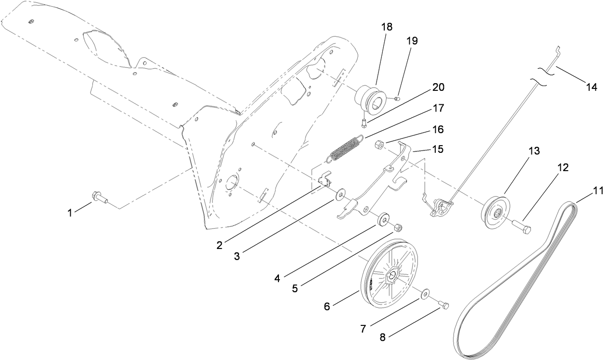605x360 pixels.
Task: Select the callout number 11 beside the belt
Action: point(583,190)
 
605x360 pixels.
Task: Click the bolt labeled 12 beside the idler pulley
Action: point(522,227)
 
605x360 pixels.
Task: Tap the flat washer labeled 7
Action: point(426,294)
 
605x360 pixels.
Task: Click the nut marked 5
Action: point(398,227)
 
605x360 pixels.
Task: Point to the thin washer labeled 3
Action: point(341,193)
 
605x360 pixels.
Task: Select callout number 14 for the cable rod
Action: point(592,87)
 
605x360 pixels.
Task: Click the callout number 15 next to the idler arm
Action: point(438,149)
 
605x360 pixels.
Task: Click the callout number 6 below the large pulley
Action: point(327,306)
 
